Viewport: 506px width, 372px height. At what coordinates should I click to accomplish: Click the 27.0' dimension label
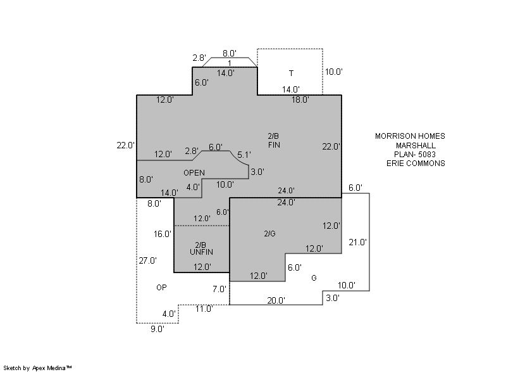[x=148, y=260]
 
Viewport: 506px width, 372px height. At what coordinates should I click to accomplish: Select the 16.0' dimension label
[x=163, y=234]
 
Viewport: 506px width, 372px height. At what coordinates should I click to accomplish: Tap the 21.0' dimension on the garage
[x=358, y=242]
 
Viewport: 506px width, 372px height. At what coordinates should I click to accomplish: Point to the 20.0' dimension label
[x=276, y=300]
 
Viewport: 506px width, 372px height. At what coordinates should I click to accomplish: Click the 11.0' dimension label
[x=203, y=309]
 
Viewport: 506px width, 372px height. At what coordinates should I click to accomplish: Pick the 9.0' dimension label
[x=157, y=329]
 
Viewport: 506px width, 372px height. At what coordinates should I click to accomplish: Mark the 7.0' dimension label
[x=219, y=289]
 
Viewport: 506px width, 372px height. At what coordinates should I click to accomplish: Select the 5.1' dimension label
[x=244, y=155]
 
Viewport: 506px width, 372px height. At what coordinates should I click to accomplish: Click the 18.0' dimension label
[x=300, y=100]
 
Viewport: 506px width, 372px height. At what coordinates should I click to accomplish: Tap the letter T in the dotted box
[x=291, y=73]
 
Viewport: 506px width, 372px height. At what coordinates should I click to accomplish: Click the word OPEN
[x=194, y=172]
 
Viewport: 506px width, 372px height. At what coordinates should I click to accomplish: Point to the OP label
[x=161, y=288]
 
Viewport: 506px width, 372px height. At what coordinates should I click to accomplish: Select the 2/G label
[x=269, y=234]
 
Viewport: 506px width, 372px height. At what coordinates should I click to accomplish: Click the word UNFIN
[x=201, y=252]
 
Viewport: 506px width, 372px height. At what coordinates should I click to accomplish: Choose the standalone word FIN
[x=274, y=145]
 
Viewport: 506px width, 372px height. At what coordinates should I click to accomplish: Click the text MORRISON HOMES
[x=410, y=136]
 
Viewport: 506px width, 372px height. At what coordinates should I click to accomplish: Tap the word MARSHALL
[x=416, y=145]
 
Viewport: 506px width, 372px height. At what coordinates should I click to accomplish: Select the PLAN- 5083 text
[x=415, y=154]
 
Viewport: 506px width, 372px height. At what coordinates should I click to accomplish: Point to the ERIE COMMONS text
[x=416, y=163]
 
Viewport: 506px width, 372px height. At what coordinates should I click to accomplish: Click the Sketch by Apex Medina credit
[x=37, y=367]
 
